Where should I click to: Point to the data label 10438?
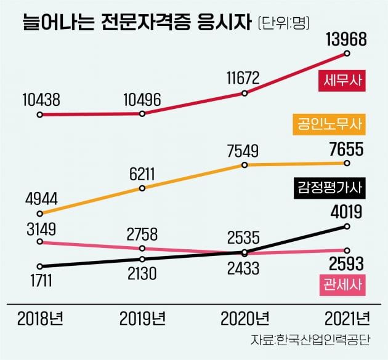click(41, 98)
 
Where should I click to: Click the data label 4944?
click(41, 198)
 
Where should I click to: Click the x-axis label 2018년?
click(41, 319)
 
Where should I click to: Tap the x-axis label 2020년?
click(245, 319)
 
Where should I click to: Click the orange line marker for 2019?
click(142, 188)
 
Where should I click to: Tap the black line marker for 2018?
click(40, 266)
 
